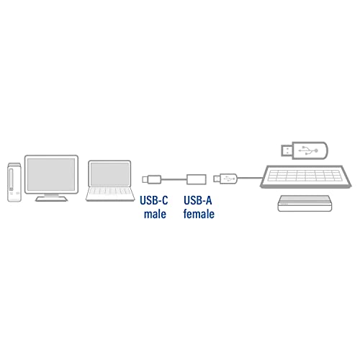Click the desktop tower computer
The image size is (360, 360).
14,182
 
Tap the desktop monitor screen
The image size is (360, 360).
51,174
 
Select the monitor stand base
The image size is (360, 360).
51,199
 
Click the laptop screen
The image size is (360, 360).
109,174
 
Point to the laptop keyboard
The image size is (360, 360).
110,192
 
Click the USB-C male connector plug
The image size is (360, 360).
151,179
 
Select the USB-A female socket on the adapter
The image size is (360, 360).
197,179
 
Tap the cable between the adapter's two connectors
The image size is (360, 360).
174,179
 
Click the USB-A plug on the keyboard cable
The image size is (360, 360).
225,179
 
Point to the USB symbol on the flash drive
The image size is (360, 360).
308,150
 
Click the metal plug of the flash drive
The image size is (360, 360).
287,150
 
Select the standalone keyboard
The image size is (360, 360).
306,176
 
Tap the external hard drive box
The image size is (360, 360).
305,203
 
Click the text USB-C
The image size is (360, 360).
154,200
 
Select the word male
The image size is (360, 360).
155,214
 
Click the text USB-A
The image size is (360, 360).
198,200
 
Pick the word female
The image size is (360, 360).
199,214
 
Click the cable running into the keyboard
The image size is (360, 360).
250,178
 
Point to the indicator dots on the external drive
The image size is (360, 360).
284,204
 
